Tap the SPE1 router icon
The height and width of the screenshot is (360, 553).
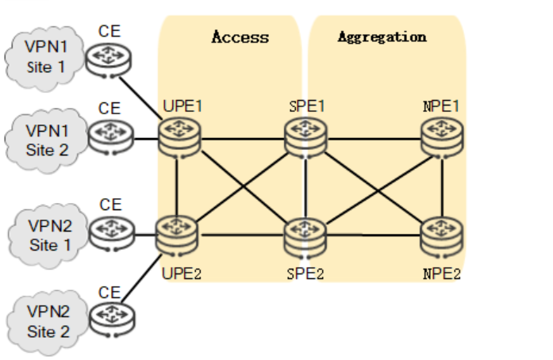point(305,138)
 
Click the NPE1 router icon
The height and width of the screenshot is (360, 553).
point(441,138)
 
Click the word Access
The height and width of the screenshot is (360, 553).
point(240,37)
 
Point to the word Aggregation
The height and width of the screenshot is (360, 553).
point(382,36)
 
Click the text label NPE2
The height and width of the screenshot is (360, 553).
point(441,274)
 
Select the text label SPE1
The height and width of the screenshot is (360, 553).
point(305,105)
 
